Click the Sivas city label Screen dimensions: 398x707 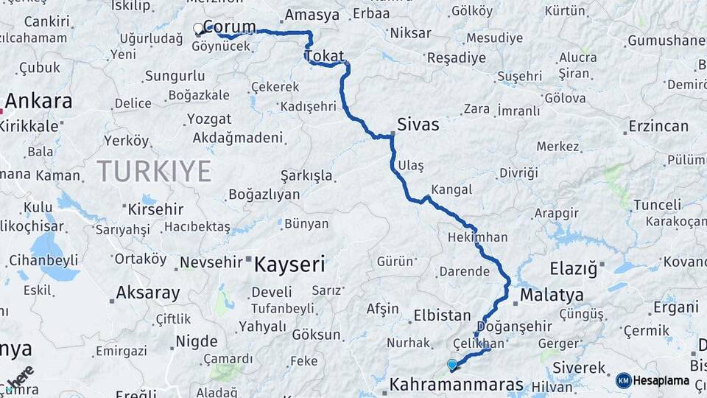coord(418,125)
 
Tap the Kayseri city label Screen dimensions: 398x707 coord(289,264)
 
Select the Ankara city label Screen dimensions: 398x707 coord(39,101)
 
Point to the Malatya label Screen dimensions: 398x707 coord(552,296)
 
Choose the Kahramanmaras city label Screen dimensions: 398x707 coord(456,385)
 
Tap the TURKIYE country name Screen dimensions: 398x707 coord(154,171)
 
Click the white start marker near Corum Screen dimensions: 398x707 coord(198,29)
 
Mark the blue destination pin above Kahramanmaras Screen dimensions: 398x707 coord(451,363)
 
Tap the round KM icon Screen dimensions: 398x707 coord(623,380)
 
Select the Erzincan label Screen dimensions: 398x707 coord(658,126)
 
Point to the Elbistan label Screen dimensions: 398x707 coord(442,315)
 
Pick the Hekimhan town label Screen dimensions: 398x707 coord(478,237)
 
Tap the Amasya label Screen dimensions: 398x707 coord(312,15)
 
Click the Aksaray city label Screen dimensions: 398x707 coord(147,293)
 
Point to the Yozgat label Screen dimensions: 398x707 coord(209,119)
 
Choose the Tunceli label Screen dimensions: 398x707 coord(657,204)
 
